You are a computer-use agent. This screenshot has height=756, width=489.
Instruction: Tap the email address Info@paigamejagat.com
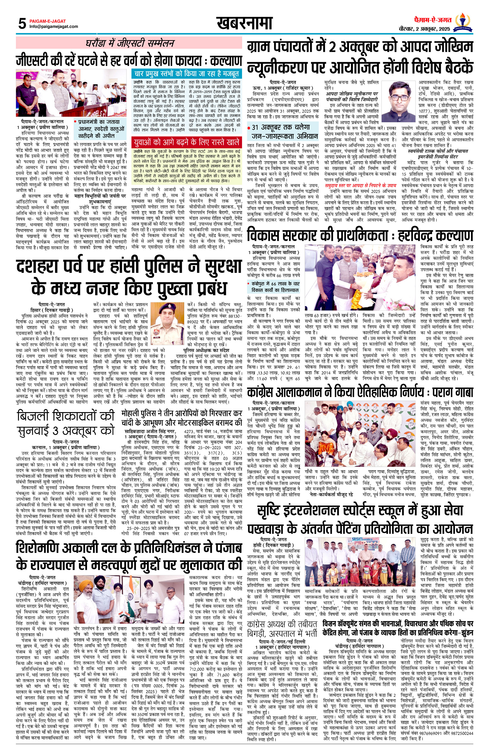tap(53, 27)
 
